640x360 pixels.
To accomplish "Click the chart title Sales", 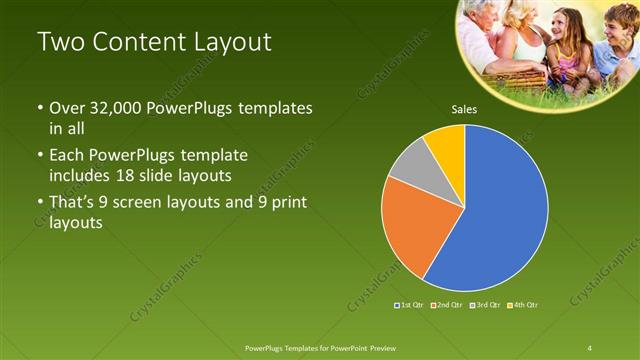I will pyautogui.click(x=464, y=109).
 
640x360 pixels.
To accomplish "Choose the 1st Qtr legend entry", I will pyautogui.click(x=411, y=304).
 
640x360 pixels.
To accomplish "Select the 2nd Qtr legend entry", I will pyautogui.click(x=448, y=304).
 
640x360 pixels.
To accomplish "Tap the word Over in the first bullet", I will pyautogui.click(x=66, y=108).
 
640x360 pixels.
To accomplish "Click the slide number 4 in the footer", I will pyautogui.click(x=590, y=347).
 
